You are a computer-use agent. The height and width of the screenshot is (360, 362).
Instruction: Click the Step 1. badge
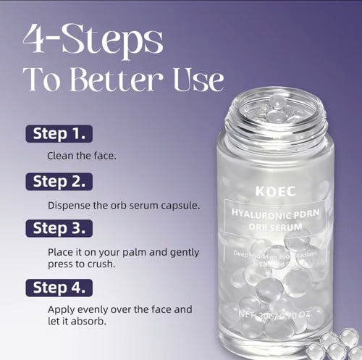[x=59, y=133]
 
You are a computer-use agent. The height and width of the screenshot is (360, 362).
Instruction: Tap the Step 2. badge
[x=59, y=181]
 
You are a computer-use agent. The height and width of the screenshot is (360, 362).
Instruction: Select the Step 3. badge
[x=59, y=228]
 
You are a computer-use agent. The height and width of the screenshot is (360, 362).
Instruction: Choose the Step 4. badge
[x=59, y=287]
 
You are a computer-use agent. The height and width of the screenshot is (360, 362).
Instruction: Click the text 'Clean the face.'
[x=80, y=156]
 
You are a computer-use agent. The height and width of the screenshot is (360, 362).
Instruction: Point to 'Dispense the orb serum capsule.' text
[x=124, y=205]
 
